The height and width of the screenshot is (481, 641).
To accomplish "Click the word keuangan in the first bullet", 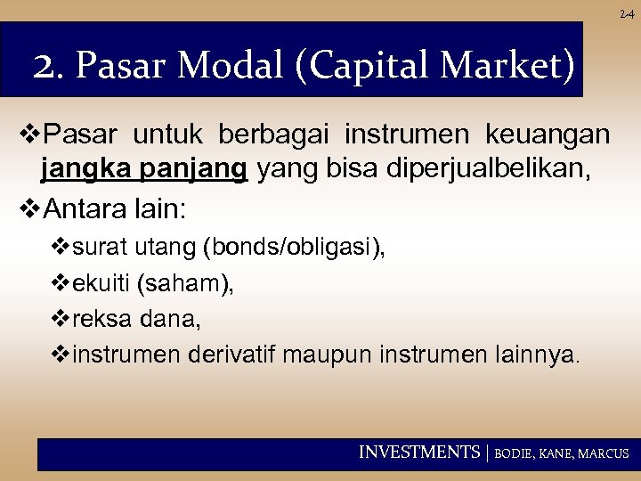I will pyautogui.click(x=548, y=135).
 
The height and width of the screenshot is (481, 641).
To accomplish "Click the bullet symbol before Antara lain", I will pyautogui.click(x=29, y=212).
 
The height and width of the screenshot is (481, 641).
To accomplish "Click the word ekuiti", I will pyautogui.click(x=101, y=283).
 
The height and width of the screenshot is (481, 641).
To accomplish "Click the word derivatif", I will pyautogui.click(x=234, y=355).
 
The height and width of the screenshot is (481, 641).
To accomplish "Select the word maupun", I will pyautogui.click(x=329, y=355).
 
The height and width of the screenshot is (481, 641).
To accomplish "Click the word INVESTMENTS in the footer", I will pyautogui.click(x=418, y=452).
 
